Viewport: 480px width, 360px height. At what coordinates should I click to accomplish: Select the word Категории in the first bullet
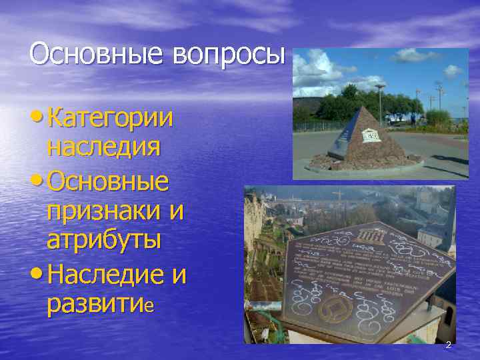(111, 119)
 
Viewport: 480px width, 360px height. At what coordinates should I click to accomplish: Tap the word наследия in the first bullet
(103, 147)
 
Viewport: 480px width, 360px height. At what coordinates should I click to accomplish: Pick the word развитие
(100, 303)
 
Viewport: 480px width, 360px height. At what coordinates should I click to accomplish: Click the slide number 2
(448, 345)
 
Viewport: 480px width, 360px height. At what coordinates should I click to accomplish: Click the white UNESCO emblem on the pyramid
(370, 135)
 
